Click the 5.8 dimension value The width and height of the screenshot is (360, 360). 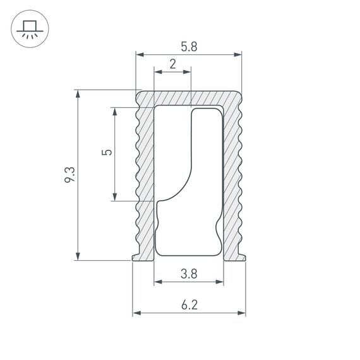pyautogui.click(x=189, y=46)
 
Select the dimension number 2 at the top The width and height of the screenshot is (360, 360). pyautogui.click(x=172, y=63)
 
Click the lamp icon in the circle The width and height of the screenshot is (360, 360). pyautogui.click(x=28, y=28)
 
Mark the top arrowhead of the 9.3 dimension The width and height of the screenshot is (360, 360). pyautogui.click(x=78, y=93)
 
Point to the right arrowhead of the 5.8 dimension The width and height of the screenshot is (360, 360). pyautogui.click(x=239, y=56)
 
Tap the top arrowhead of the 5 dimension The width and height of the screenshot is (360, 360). pyautogui.click(x=114, y=111)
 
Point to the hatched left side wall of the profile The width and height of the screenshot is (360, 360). pyautogui.click(x=147, y=177)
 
